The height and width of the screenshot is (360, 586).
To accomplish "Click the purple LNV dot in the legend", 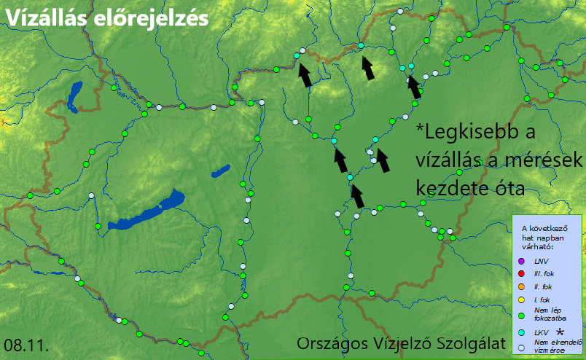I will click(520, 261).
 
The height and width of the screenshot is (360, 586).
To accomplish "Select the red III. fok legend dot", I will click(520, 274).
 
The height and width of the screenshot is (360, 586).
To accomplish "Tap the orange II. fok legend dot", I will click(520, 287).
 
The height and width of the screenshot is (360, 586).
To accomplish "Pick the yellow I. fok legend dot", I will click(520, 300).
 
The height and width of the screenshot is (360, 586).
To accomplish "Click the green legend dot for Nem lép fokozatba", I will click(520, 316).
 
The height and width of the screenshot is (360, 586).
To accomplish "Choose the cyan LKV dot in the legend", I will click(520, 332).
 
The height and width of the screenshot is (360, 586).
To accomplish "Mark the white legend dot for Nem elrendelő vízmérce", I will click(520, 347).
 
